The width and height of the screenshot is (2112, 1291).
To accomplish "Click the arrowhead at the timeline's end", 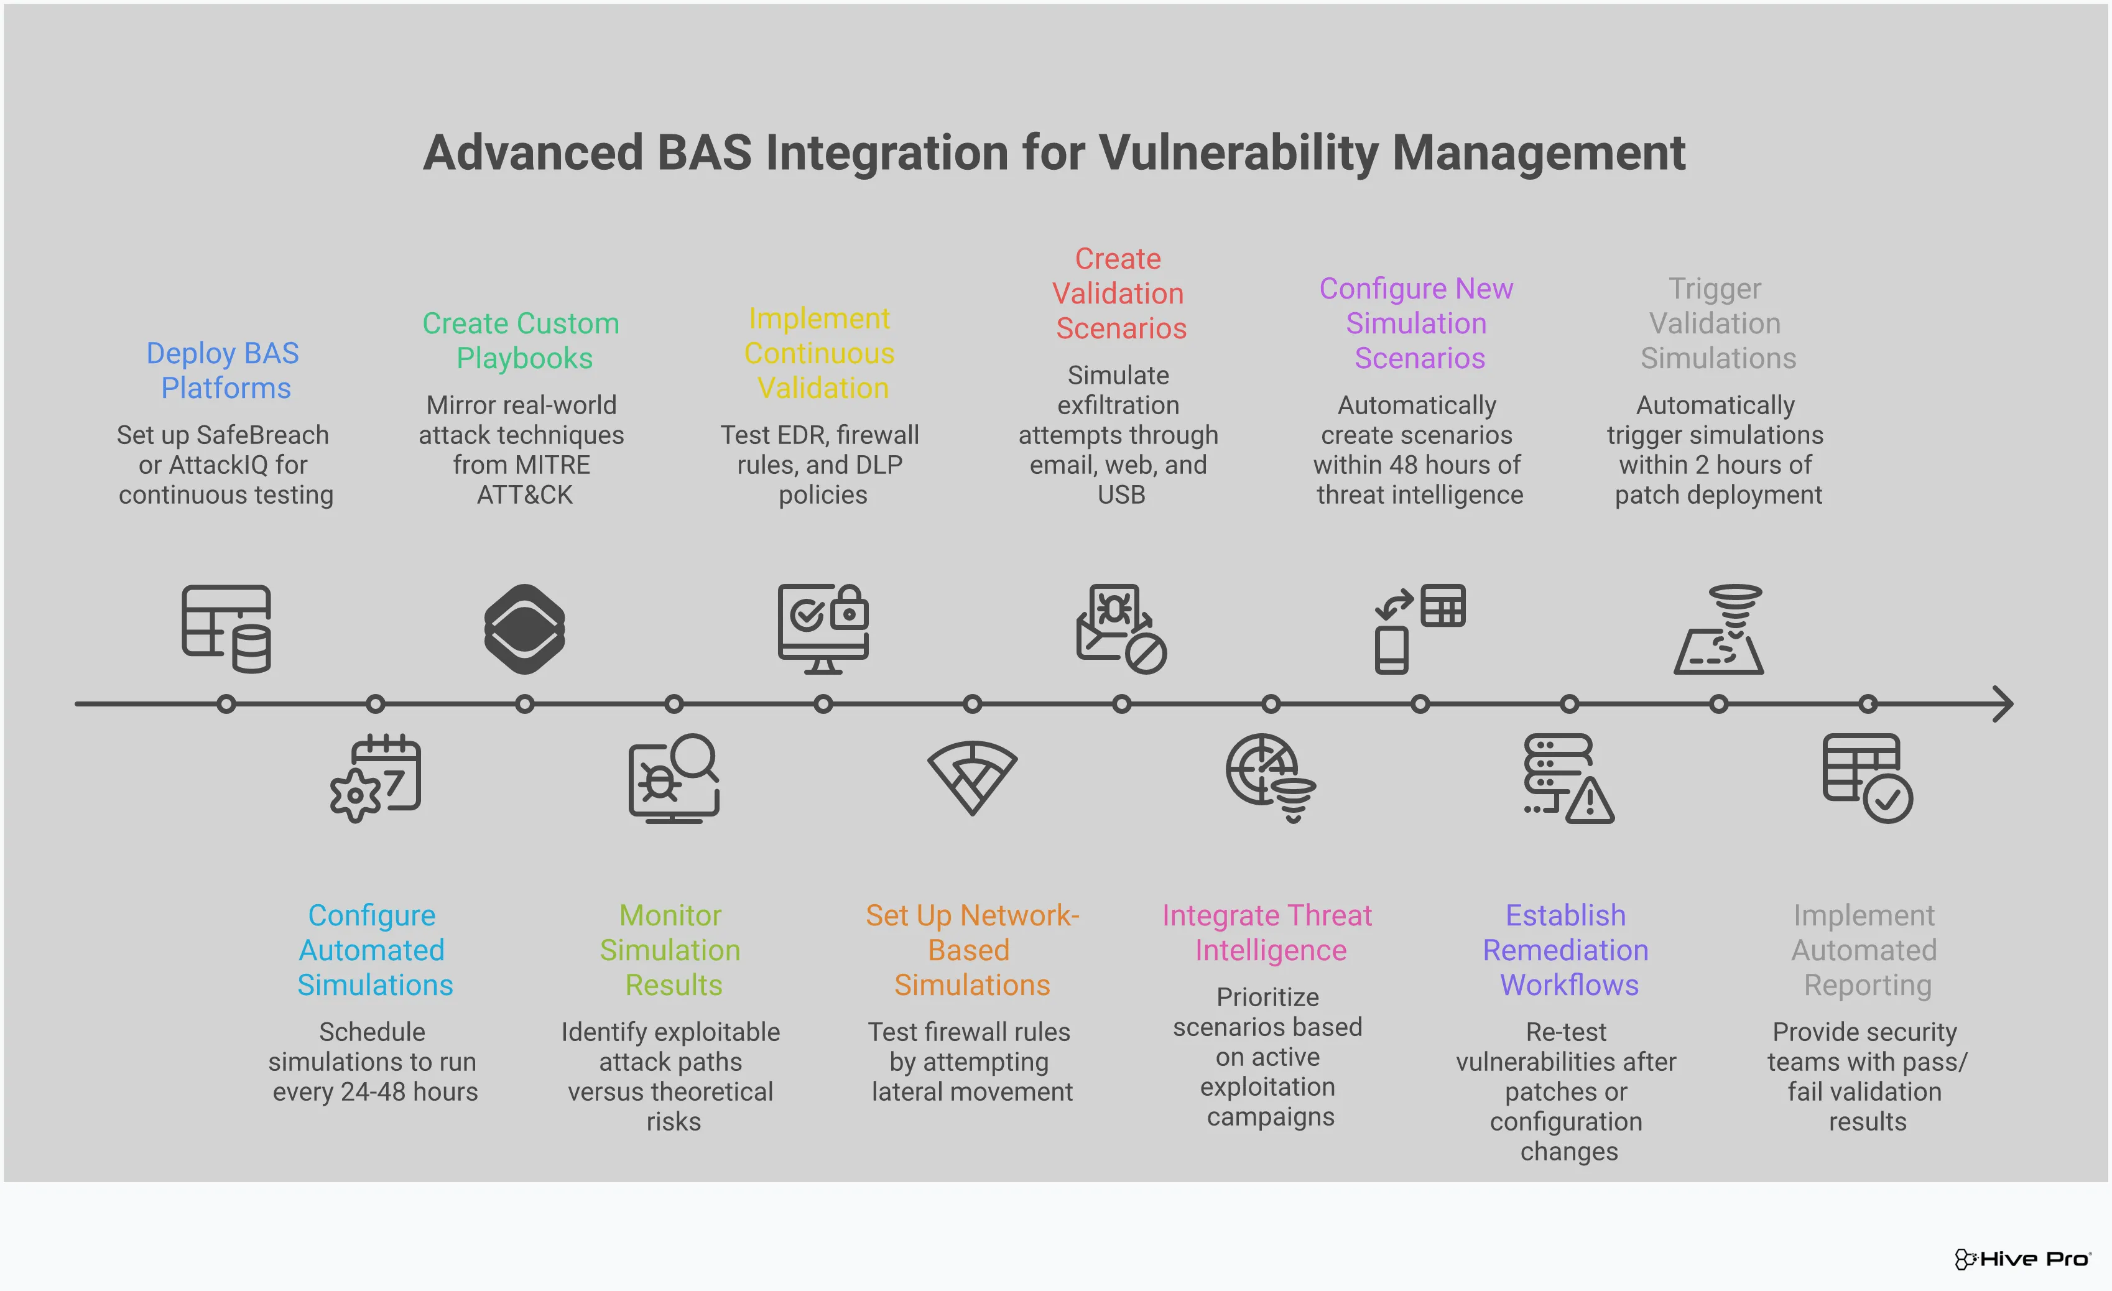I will pyautogui.click(x=2003, y=704).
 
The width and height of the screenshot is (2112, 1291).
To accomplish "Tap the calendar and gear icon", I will pyautogui.click(x=376, y=779).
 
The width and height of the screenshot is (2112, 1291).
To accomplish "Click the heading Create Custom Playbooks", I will pyautogui.click(x=521, y=340).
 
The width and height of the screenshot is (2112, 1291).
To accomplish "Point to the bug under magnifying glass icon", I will pyautogui.click(x=674, y=779).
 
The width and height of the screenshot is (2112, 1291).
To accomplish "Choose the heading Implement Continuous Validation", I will pyautogui.click(x=820, y=353).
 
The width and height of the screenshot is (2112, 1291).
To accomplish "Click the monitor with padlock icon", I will pyautogui.click(x=823, y=628).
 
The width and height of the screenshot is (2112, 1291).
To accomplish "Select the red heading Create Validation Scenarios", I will pyautogui.click(x=1119, y=293).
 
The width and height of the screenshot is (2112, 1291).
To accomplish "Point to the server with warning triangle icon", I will pyautogui.click(x=1568, y=779).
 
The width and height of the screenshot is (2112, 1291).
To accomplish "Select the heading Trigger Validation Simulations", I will pyautogui.click(x=1717, y=323).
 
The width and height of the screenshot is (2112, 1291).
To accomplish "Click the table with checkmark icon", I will pyautogui.click(x=1867, y=779).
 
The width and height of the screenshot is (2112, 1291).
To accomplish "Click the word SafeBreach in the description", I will pyautogui.click(x=262, y=435).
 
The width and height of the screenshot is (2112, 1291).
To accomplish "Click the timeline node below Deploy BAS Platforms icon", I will pyautogui.click(x=226, y=704).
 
